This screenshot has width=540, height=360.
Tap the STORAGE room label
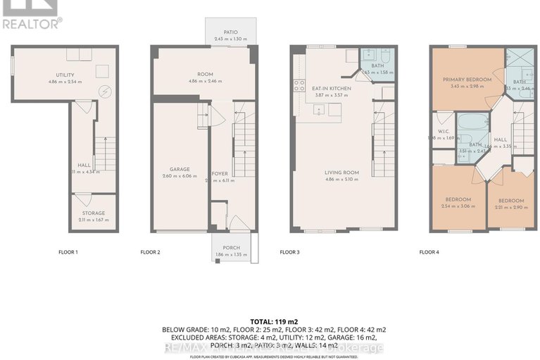pyautogui.click(x=93, y=213)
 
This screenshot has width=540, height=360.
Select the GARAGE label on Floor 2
pyautogui.click(x=180, y=169)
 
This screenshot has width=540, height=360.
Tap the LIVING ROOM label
pyautogui.click(x=341, y=172)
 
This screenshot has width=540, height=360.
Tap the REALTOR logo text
pyautogui.click(x=32, y=23)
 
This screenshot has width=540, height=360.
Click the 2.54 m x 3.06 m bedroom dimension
pyautogui.click(x=459, y=206)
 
